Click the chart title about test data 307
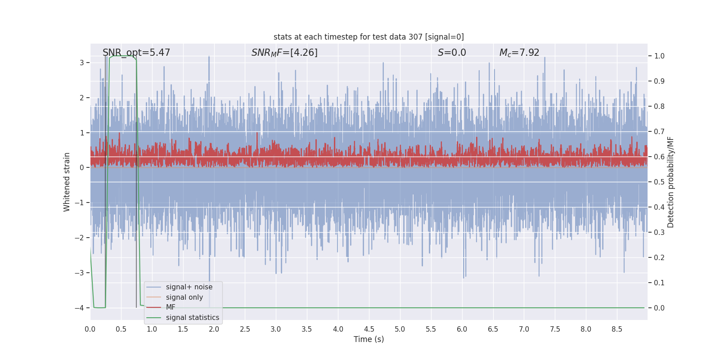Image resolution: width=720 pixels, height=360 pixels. (369, 37)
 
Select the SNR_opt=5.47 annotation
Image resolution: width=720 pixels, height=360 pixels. (136, 53)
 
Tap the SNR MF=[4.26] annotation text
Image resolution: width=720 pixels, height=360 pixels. (284, 53)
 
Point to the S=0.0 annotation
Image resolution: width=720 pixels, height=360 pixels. (452, 52)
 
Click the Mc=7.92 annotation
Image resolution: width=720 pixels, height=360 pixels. (519, 53)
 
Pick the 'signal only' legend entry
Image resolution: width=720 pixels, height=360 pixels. (184, 297)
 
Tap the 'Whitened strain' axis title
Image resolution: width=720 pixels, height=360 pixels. (67, 182)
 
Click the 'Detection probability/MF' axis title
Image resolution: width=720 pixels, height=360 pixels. (670, 182)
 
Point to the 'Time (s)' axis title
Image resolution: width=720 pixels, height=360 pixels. (369, 339)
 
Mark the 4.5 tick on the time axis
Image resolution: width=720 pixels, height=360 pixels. (369, 329)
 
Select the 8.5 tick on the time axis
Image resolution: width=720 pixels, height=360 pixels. (617, 329)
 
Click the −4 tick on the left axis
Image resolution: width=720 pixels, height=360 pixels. (80, 308)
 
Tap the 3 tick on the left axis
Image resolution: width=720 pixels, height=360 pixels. (82, 63)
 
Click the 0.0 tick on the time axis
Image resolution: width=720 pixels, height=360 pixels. (90, 329)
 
